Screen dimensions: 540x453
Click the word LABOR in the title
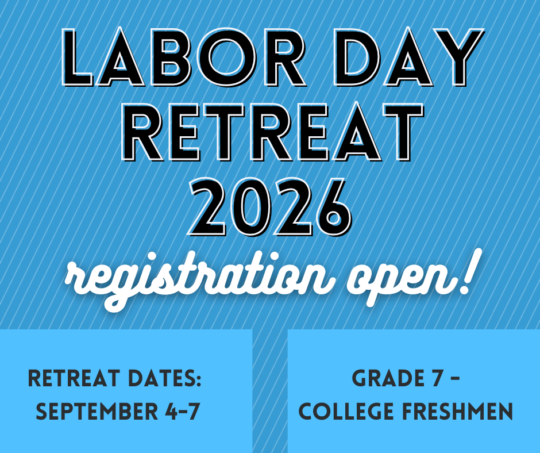(x=184, y=57)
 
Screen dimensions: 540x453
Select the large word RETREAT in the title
(x=272, y=132)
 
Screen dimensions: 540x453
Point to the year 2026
(x=271, y=207)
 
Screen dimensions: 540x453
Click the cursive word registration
(x=199, y=279)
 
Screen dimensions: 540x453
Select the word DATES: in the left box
(x=165, y=378)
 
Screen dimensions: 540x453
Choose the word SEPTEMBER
(x=97, y=411)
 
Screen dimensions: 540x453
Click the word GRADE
(x=388, y=378)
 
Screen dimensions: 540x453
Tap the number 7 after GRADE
(x=437, y=378)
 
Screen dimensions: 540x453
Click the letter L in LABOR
(x=77, y=57)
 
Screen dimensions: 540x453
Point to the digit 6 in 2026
(x=332, y=207)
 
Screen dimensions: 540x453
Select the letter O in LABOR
(x=223, y=57)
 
